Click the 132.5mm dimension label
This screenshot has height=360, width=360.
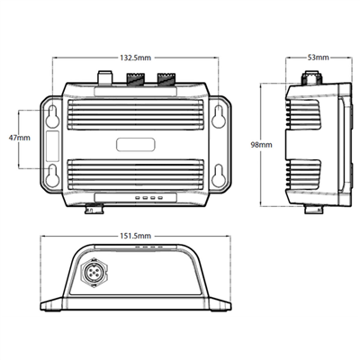pos(136,58)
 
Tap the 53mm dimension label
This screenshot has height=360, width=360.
pos(319,58)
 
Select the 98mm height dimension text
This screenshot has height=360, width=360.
pos(261,145)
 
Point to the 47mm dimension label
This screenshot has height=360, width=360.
pos(20,139)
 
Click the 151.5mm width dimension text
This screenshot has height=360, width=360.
pos(135,236)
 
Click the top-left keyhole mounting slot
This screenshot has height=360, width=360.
pos(52,115)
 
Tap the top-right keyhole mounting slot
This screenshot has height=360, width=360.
pos(218,115)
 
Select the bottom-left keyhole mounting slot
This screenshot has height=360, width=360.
pos(52,175)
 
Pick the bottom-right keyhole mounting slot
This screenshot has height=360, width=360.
pos(218,175)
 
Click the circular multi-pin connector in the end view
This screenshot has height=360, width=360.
pos(94,273)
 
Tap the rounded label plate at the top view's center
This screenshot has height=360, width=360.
pos(136,144)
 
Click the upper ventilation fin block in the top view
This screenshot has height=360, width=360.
pos(136,115)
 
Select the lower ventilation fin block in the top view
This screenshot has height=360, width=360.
pos(136,175)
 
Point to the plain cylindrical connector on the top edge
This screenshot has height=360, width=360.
pos(105,77)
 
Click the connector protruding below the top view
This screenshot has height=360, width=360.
pos(94,209)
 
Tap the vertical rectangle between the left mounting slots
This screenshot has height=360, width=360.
pos(53,146)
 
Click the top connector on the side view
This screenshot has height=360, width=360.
pos(312,77)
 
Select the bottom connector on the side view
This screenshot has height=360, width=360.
pos(314,209)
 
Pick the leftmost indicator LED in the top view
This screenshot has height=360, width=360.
pos(138,198)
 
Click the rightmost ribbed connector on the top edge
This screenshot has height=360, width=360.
pos(166,78)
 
